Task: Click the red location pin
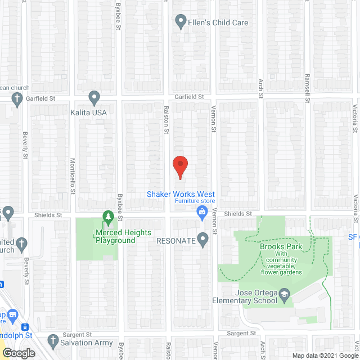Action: coord(179,167)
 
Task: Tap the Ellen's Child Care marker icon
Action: coord(181,22)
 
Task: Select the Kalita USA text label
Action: coord(88,112)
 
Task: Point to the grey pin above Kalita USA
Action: coord(94,98)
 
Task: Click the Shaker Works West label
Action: coord(181,194)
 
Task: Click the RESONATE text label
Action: coord(177,241)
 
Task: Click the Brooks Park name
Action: coord(281,246)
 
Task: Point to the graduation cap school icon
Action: coord(285,293)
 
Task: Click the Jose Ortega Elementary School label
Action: coord(249,296)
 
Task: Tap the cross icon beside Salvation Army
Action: coord(53,341)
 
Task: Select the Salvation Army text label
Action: coord(88,343)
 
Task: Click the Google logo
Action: coord(18,354)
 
